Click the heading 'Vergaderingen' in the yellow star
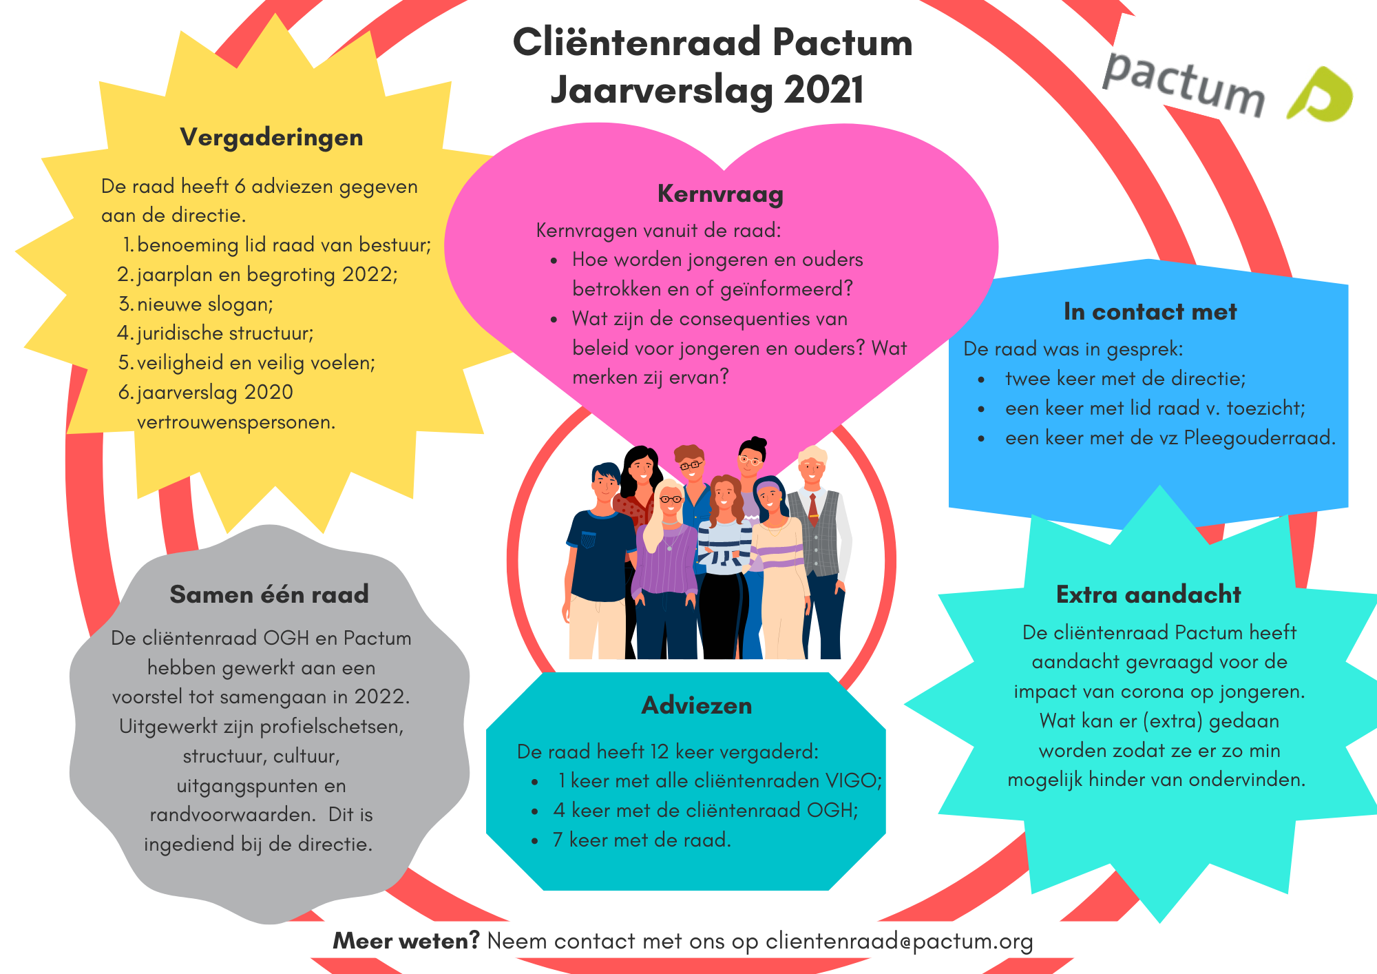tap(271, 137)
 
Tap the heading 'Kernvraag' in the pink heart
tap(720, 194)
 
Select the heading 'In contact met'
tap(1150, 312)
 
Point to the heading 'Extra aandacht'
tap(1148, 594)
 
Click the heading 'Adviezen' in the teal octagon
tap(696, 705)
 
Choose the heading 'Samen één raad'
tap(269, 594)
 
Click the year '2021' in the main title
tap(823, 90)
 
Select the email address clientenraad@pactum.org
tap(899, 942)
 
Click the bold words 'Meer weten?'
tap(406, 942)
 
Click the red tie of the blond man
tap(813, 509)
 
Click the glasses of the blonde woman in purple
tap(670, 499)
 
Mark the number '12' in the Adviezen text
tap(660, 752)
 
